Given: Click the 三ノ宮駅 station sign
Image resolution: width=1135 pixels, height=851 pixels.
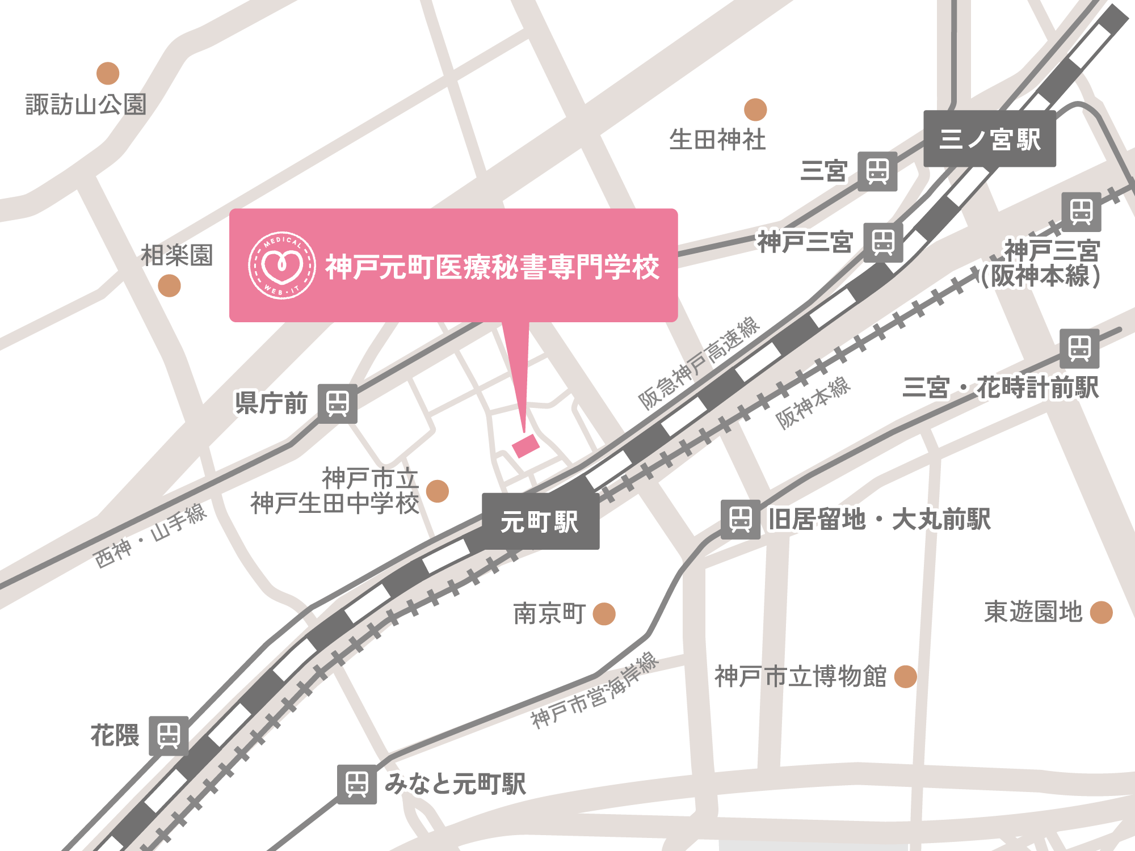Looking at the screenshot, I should coord(990,139).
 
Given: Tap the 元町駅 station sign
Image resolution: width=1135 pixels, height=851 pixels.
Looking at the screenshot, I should coord(540,521).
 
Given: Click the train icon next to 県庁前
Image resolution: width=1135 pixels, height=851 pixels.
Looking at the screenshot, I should coord(337,404).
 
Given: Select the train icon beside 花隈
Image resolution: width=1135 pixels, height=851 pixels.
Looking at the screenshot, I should coord(169,736).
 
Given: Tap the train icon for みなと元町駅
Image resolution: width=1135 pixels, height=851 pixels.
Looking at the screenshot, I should coord(357,784).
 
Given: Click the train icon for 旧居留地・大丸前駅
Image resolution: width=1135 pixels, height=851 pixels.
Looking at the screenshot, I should coord(741,519).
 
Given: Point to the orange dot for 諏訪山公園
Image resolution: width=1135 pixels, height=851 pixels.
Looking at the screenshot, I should coord(108,73).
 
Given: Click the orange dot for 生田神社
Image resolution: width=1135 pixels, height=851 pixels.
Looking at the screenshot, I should coord(755,109).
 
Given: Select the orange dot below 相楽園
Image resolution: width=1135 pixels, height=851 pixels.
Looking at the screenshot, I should coord(169,285).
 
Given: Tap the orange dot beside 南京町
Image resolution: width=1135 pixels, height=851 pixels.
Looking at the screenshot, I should coord(604,614).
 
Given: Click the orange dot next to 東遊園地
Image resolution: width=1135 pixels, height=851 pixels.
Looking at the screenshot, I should coord(1102,613).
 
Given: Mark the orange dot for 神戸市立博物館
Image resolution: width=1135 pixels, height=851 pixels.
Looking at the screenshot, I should coord(905,677).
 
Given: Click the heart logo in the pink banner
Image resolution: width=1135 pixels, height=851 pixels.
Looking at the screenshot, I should coord(282,266).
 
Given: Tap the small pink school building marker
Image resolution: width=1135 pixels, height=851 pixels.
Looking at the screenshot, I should coord(526,445).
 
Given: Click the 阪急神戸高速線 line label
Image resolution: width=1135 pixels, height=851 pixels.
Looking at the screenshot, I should coord(699,363).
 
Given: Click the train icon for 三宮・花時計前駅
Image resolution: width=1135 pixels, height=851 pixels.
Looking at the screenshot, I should coord(1079,348).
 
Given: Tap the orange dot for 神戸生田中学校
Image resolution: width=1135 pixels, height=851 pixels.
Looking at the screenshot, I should coord(437,491).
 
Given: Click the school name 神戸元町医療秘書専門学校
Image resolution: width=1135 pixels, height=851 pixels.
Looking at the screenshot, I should coord(492,267).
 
